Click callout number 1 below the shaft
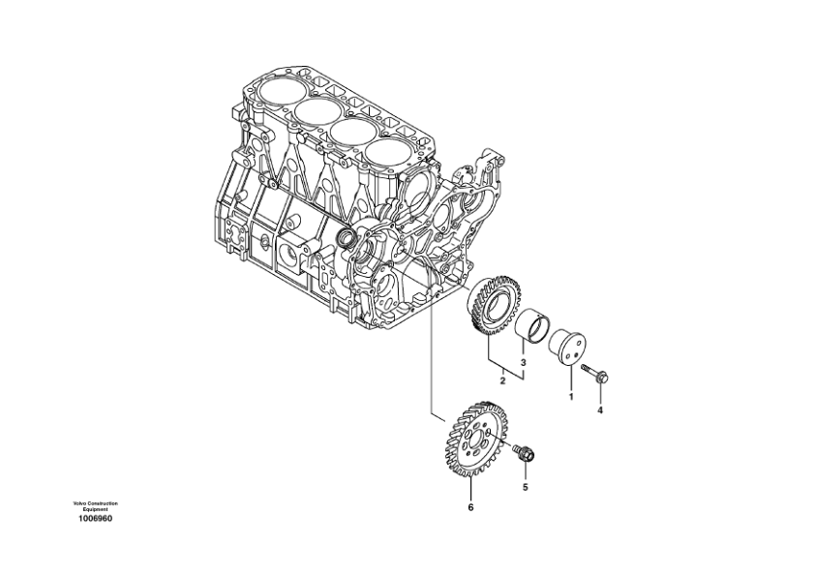570,397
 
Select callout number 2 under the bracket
502,381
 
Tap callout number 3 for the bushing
524,363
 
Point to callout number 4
599,409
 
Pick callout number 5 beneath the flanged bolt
526,487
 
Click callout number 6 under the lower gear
470,507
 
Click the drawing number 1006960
95,519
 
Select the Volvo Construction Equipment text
95,506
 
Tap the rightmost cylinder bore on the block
385,152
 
